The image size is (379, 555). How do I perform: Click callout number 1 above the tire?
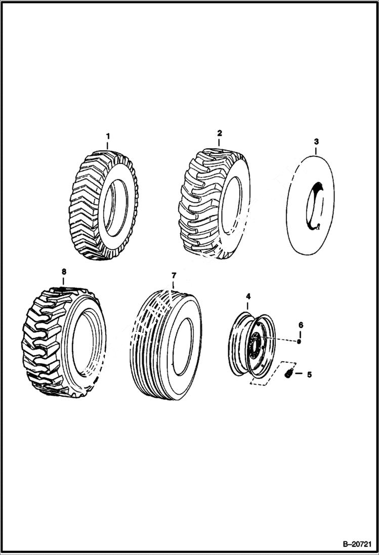point(107,137)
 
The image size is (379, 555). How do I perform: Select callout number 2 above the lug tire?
point(220,133)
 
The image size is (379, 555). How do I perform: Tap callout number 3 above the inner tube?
point(316,142)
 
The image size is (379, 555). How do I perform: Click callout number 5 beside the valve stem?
point(309,375)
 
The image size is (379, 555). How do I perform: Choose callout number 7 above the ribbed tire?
point(174,276)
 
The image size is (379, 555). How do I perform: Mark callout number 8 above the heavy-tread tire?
point(64,272)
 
